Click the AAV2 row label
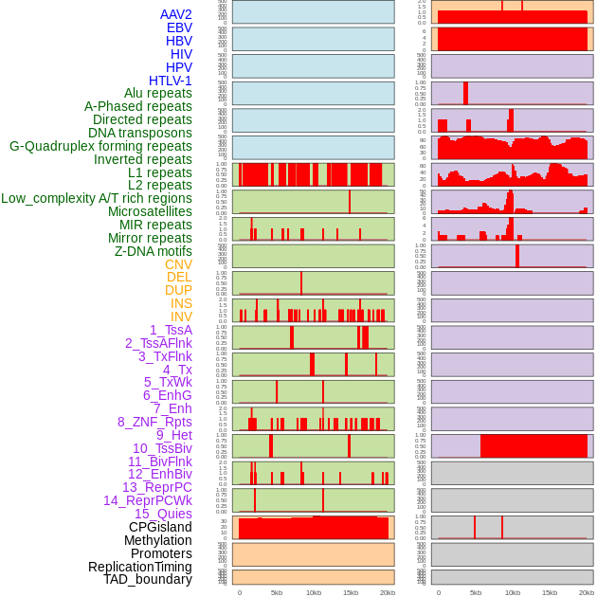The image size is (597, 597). (175, 14)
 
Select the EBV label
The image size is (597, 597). (179, 27)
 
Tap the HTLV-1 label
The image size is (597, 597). (170, 81)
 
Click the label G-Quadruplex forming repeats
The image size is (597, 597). (100, 146)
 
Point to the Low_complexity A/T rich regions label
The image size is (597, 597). (97, 198)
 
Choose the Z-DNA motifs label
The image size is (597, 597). (154, 251)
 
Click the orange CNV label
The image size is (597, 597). (178, 264)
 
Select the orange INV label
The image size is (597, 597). (181, 317)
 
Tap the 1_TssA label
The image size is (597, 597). (171, 330)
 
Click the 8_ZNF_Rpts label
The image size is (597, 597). (154, 422)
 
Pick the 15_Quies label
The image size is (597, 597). (163, 514)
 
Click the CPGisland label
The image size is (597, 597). (160, 527)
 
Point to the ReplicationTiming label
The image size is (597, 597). (139, 567)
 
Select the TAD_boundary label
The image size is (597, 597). (147, 579)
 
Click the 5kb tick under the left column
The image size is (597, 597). (277, 592)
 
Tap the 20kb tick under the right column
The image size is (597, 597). (587, 592)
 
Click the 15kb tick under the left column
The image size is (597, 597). (351, 592)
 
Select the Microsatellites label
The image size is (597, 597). (150, 211)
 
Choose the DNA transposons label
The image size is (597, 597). (140, 133)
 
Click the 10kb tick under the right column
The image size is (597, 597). (513, 592)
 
